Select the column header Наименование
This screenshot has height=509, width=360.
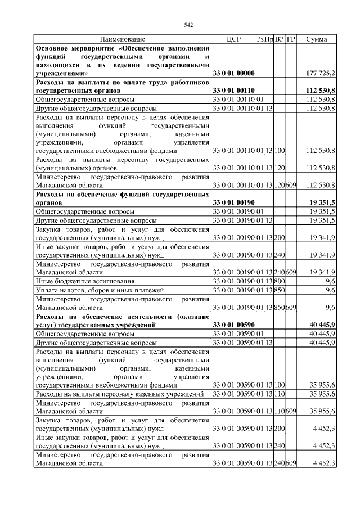122,40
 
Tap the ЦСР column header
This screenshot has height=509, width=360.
233,40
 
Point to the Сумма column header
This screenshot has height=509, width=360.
317,40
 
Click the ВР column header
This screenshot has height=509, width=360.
279,40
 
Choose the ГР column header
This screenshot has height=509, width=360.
290,40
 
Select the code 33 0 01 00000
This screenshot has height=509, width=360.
233,74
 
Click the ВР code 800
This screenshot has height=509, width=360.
280,281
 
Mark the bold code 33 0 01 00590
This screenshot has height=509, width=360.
233,325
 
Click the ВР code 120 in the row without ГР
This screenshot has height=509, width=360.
280,168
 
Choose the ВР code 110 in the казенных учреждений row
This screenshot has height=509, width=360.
280,394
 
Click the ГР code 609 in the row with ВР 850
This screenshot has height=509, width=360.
291,307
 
